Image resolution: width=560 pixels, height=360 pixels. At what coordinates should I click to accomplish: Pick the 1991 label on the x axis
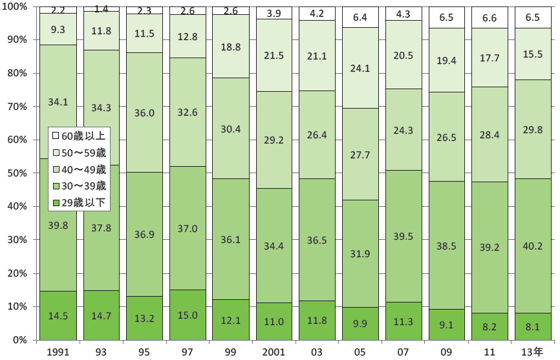pyautogui.click(x=59, y=351)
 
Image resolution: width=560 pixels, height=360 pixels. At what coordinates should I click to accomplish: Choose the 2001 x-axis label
pyautogui.click(x=275, y=351)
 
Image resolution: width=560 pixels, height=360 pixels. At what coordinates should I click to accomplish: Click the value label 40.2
pyautogui.click(x=533, y=245)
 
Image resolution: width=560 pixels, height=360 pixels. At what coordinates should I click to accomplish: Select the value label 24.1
pyautogui.click(x=361, y=67)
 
